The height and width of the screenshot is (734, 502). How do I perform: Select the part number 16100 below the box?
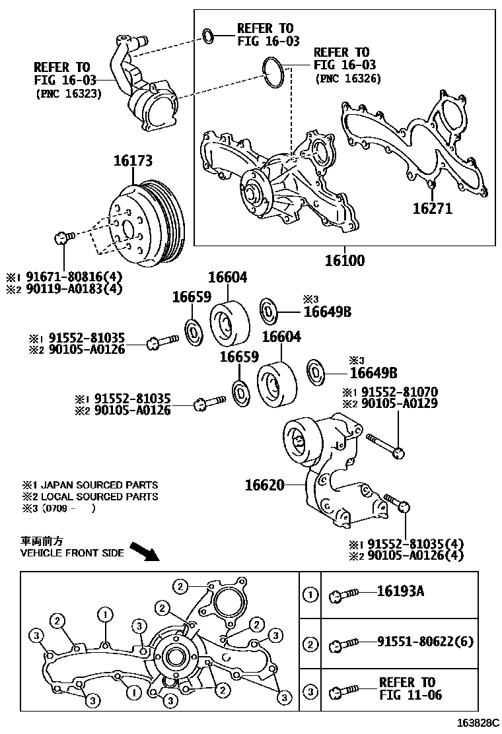344,260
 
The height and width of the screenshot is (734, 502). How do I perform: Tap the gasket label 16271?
432,209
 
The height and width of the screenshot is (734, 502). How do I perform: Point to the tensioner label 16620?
264,486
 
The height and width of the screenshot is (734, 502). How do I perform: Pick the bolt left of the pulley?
62,237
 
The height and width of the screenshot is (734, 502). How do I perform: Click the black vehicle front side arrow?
145,549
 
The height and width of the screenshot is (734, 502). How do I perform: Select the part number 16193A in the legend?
400,591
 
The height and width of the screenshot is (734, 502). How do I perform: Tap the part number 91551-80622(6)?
425,642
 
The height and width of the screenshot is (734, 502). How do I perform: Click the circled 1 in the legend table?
310,595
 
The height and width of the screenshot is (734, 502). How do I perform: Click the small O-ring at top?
207,34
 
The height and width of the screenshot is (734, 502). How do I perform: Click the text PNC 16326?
348,79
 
